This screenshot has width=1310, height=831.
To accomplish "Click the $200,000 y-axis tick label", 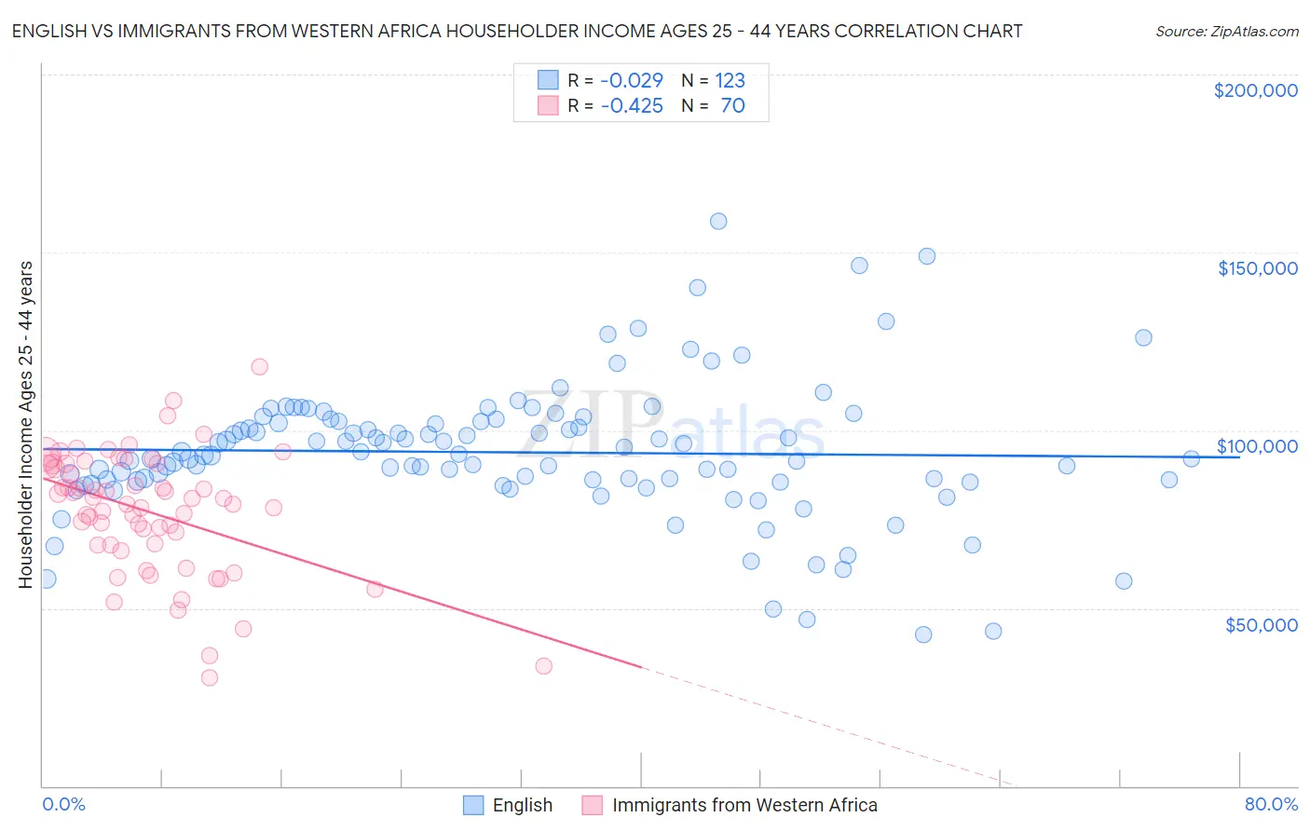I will click(x=1255, y=90).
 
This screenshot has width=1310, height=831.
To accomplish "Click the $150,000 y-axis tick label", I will click(x=1257, y=268).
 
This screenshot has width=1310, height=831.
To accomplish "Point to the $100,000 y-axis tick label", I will click(x=1257, y=446).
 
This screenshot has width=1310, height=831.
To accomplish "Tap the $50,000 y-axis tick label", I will click(x=1261, y=624).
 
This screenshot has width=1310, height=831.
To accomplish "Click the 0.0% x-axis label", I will click(x=63, y=804).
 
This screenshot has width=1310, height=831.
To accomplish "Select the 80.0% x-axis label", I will click(x=1271, y=804).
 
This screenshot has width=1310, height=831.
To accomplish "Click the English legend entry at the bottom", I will click(x=522, y=805).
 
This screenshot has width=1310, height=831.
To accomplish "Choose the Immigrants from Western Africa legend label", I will click(x=744, y=805).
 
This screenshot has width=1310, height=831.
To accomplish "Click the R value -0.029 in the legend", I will click(x=632, y=80).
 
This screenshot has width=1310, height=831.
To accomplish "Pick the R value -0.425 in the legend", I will click(x=632, y=105).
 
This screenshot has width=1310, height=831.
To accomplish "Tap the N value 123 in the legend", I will click(x=730, y=80).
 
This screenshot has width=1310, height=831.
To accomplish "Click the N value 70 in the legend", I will click(x=732, y=105).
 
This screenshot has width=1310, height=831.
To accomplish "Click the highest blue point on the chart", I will click(x=718, y=222).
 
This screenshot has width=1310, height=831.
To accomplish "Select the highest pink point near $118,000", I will click(x=260, y=367).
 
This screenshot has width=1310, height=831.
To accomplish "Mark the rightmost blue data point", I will click(x=1191, y=458).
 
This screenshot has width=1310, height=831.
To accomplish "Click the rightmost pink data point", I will click(x=544, y=666).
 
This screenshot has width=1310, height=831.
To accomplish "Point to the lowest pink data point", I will click(x=210, y=678).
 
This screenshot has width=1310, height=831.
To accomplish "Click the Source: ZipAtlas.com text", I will click(x=1226, y=31).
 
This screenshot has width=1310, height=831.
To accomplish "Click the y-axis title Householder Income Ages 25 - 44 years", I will click(x=25, y=424).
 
